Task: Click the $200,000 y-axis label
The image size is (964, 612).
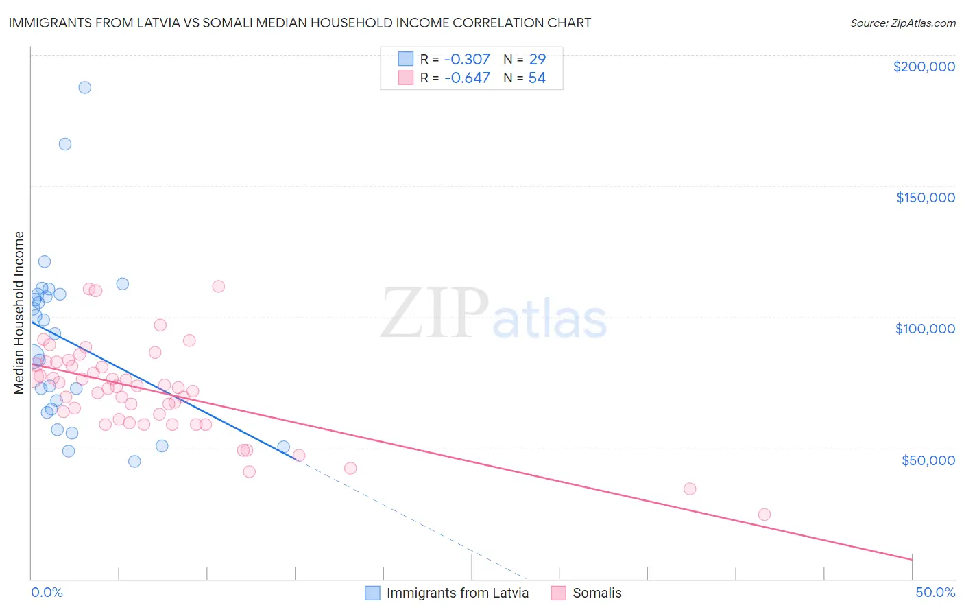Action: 924,67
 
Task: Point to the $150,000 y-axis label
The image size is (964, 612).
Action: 925,198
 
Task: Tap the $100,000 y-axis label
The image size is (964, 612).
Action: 925,329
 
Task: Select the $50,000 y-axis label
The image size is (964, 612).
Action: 928,460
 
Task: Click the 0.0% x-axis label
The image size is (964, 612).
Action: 47,592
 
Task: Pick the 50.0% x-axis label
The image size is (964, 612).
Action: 935,592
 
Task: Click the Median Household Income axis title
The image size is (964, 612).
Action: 19,313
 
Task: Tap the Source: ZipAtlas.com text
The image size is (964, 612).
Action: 902,23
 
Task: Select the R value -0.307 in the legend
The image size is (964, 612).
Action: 467,59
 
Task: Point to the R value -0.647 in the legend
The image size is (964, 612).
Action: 467,78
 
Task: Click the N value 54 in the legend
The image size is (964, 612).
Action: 537,78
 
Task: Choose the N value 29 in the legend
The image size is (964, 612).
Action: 537,59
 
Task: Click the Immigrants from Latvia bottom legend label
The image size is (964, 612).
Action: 457,593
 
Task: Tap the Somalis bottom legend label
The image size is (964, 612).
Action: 597,593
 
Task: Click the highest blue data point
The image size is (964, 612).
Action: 85,87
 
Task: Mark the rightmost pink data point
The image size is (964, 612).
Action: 764,515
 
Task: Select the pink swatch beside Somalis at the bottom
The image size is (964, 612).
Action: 559,593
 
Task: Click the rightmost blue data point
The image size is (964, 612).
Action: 284,447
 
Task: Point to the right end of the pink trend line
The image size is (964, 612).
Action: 912,560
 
